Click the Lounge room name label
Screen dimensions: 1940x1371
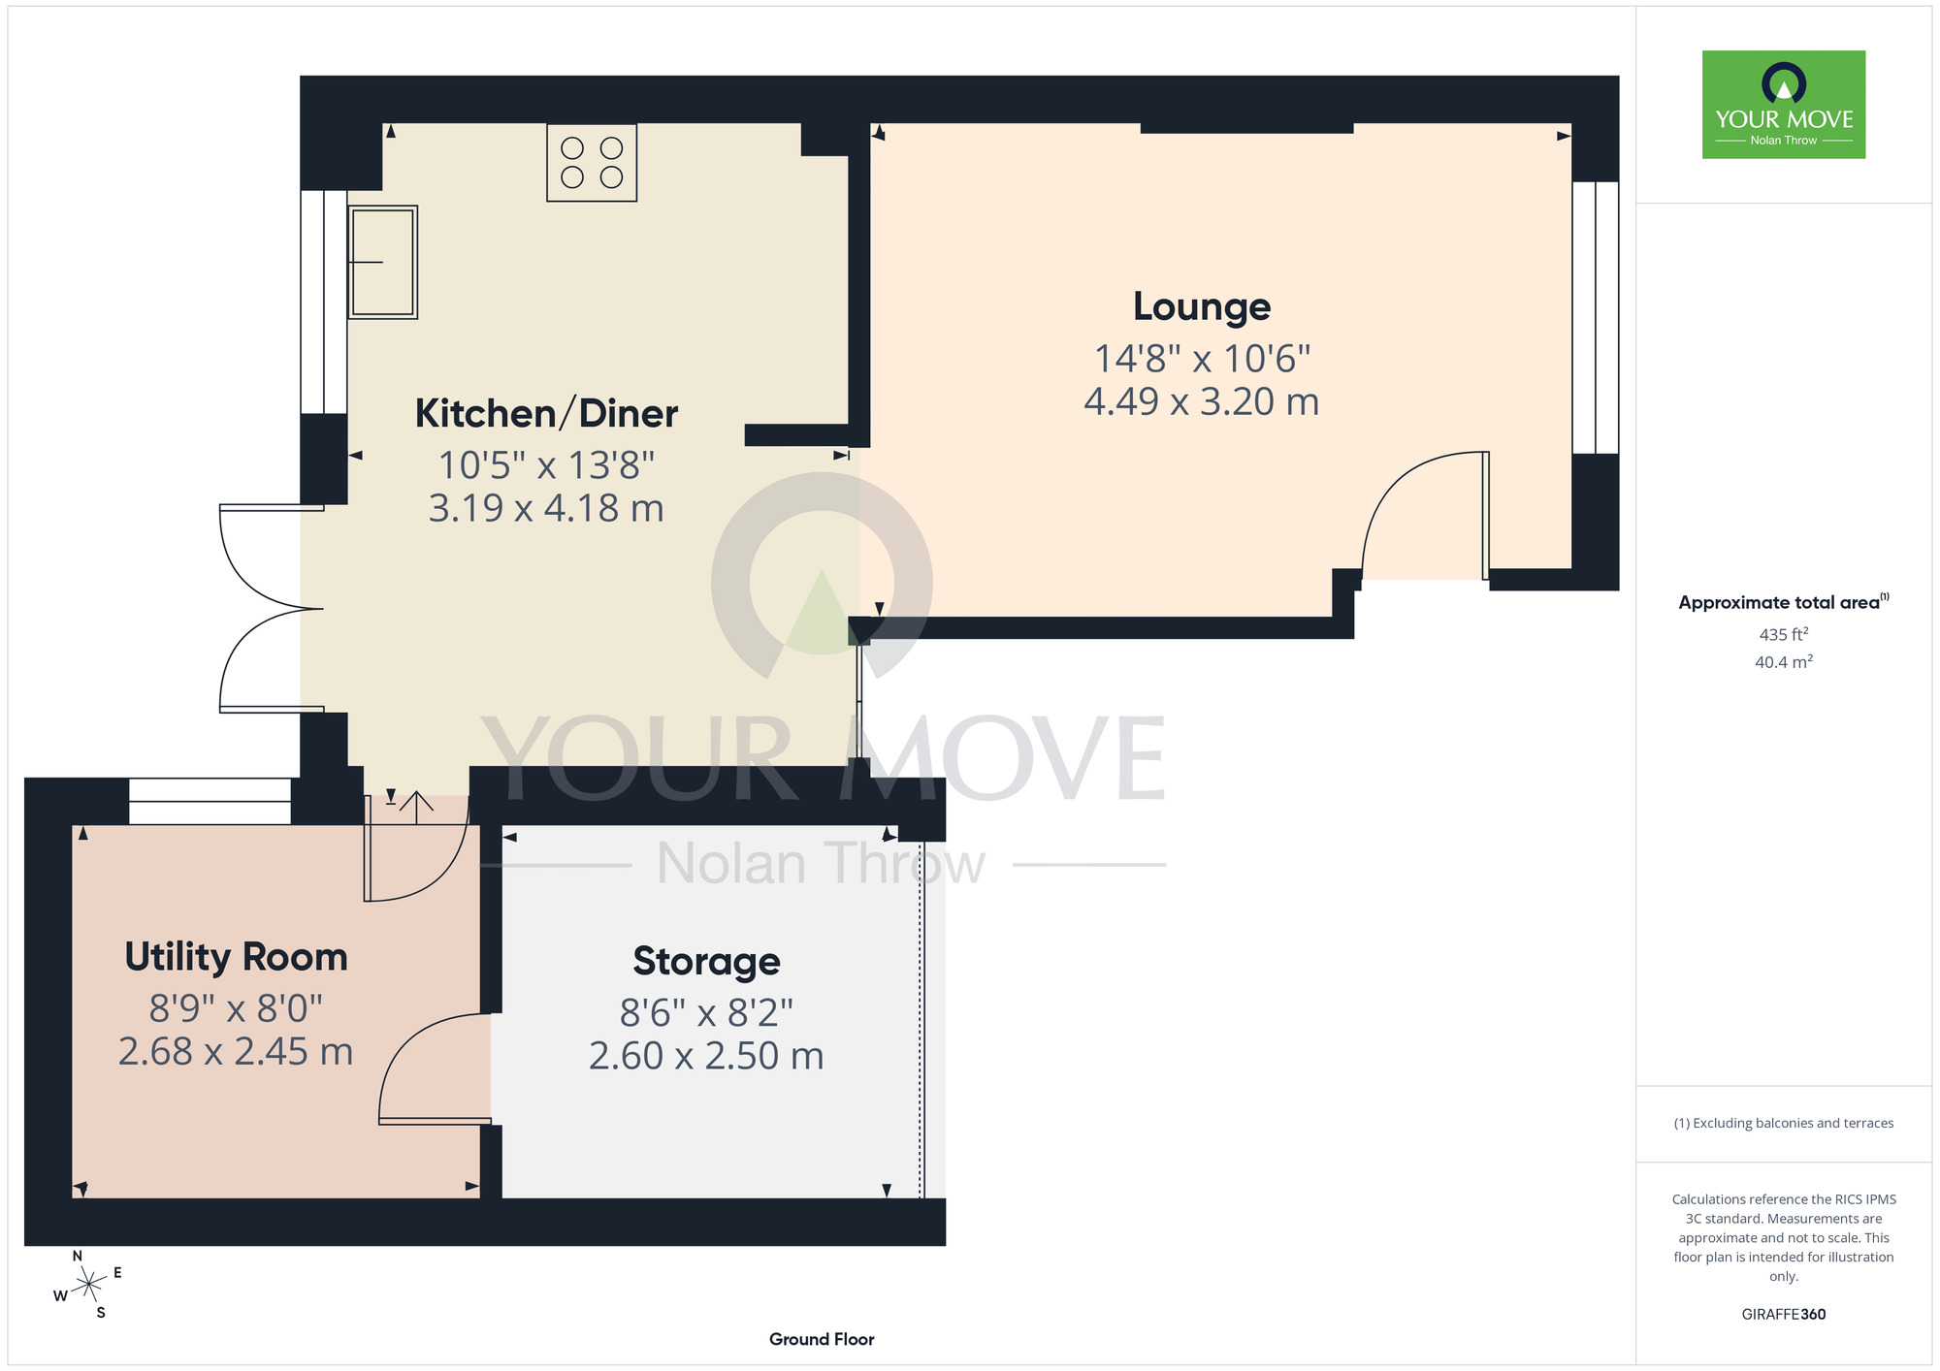point(1202,306)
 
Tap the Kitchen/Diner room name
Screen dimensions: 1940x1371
point(546,413)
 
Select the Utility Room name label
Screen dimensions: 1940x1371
point(236,957)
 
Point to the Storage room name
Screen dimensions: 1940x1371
point(706,961)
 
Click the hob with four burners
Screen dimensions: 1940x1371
point(592,163)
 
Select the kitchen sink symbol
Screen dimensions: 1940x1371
point(382,262)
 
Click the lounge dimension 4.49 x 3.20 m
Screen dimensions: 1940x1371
point(1202,401)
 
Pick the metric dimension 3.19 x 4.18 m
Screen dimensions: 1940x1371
point(546,508)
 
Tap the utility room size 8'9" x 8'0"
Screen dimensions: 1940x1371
point(236,1008)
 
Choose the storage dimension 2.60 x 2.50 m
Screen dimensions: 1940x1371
point(706,1056)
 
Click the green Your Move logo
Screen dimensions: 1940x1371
point(1784,105)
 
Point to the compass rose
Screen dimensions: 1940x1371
point(88,1285)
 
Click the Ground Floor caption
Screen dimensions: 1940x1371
point(822,1339)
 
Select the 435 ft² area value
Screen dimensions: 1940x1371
point(1784,634)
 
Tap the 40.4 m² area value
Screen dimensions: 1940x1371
point(1784,661)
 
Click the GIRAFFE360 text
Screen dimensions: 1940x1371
point(1784,1315)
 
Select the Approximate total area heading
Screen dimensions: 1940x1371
point(1784,602)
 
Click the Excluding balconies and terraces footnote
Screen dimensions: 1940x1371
point(1784,1123)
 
